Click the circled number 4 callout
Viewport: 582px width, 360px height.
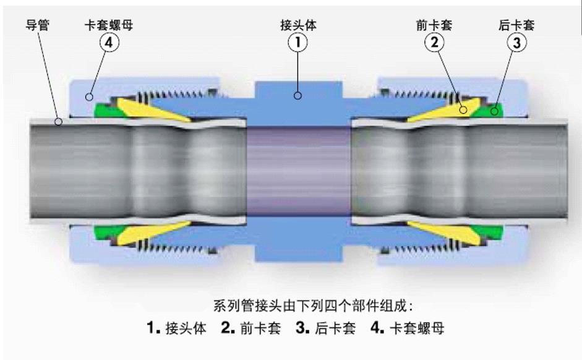(x=109, y=42)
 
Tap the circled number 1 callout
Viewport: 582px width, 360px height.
(x=297, y=42)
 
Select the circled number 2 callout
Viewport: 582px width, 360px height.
(x=434, y=42)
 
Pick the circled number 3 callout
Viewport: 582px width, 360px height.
(x=516, y=42)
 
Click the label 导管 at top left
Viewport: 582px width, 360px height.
(x=37, y=25)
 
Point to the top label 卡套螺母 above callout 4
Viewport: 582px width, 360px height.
(x=109, y=25)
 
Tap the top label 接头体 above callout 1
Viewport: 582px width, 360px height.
(x=298, y=25)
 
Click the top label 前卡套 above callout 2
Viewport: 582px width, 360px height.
(x=434, y=25)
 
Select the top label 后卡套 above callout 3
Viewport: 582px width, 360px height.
(x=516, y=25)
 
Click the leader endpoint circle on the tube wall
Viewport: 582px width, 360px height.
(x=58, y=121)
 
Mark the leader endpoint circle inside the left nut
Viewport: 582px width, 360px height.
(x=89, y=97)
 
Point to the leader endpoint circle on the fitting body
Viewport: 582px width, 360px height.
(x=297, y=96)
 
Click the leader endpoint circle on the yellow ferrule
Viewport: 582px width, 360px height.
(x=463, y=110)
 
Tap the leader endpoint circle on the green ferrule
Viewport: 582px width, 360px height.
(x=494, y=111)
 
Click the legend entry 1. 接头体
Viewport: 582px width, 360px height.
(x=176, y=328)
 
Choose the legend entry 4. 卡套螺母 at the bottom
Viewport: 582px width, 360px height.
(x=407, y=328)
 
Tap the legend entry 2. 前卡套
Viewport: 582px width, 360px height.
(x=251, y=328)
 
